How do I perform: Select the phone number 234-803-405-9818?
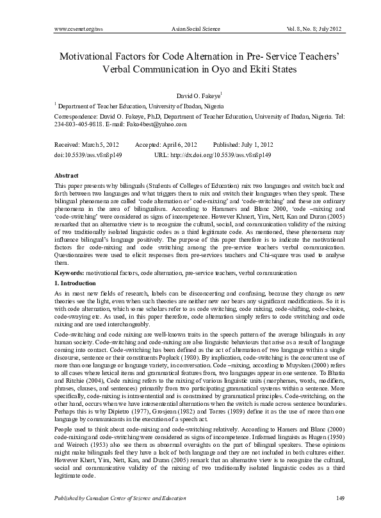74,124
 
